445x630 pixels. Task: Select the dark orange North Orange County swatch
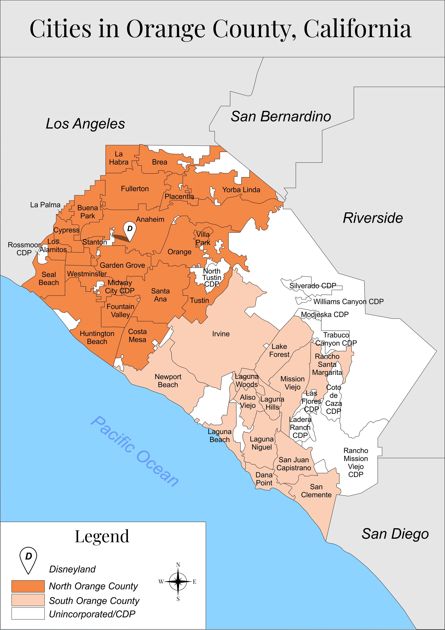pos(28,586)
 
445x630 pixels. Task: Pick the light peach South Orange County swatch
pos(28,600)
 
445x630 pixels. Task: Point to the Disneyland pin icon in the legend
pos(28,560)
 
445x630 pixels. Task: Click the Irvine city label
pos(221,334)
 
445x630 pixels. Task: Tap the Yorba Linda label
pos(241,190)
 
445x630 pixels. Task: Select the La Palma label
pos(45,205)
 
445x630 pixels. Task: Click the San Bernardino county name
pos(281,116)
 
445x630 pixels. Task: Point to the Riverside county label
pos(373,218)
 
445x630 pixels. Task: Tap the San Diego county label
pos(395,534)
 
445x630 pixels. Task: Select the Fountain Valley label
pos(120,311)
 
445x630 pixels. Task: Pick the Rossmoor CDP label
pos(24,249)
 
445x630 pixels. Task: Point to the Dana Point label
pos(264,479)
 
